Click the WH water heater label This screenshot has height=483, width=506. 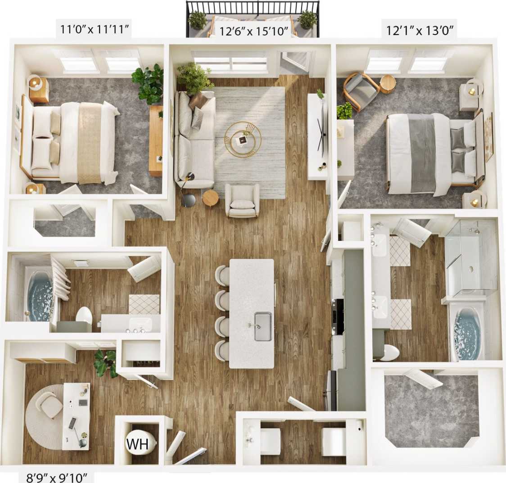click(137, 444)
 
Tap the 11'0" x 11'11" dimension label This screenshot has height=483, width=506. click(95, 30)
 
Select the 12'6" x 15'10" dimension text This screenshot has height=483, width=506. click(254, 31)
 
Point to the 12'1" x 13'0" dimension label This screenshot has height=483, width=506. click(420, 31)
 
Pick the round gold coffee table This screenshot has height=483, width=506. click(243, 140)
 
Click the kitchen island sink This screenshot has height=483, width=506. click(263, 326)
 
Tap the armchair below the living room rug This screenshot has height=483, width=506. click(242, 201)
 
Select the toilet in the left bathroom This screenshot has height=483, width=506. click(84, 316)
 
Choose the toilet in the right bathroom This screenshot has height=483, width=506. click(389, 352)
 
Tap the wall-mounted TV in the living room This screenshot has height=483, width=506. click(321, 131)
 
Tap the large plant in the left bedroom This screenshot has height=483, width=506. click(148, 83)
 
